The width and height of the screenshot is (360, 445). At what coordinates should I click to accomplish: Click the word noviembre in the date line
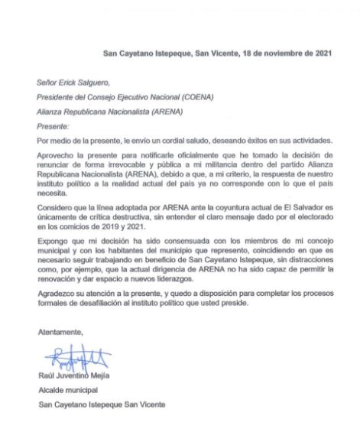coord(273,54)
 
